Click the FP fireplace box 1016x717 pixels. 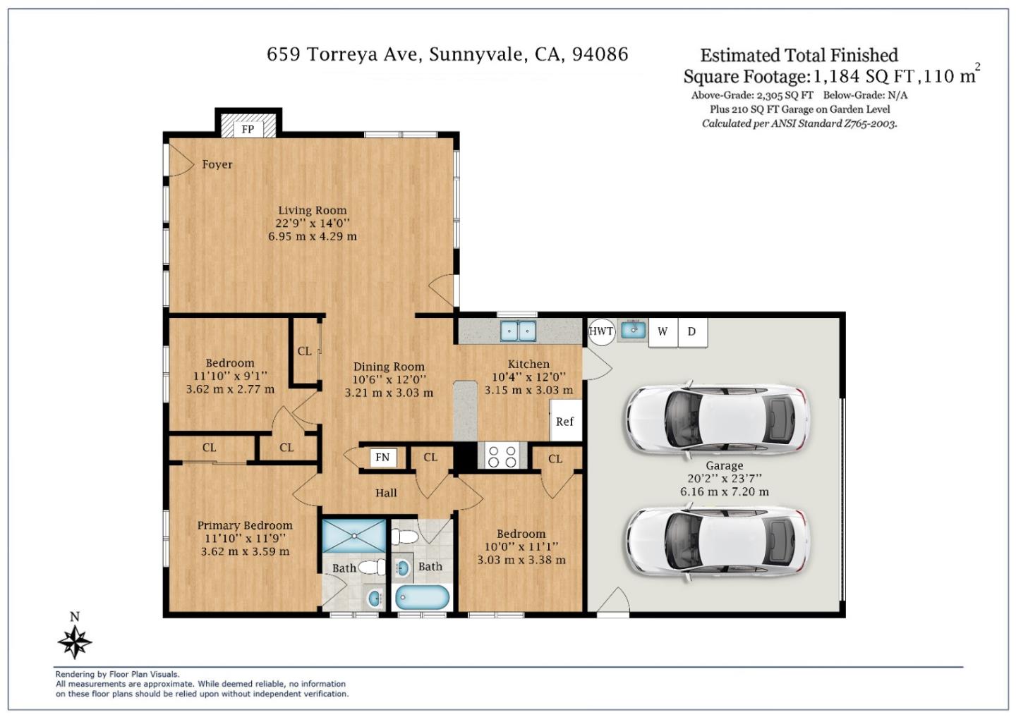click(x=248, y=130)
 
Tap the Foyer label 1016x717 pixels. click(x=217, y=164)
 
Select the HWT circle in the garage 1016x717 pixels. click(x=601, y=331)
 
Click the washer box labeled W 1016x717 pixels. click(x=663, y=332)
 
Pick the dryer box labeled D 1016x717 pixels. click(x=692, y=332)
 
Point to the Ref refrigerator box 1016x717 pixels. click(x=566, y=420)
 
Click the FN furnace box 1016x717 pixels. click(x=383, y=458)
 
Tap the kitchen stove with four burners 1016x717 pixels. click(x=502, y=456)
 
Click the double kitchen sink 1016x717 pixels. click(x=518, y=331)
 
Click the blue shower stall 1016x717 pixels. click(x=353, y=536)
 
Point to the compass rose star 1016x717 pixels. click(x=75, y=642)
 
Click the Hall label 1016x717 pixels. click(x=386, y=493)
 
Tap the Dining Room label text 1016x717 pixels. click(x=389, y=367)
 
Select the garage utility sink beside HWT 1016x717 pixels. click(x=633, y=329)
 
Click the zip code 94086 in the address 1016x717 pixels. click(x=600, y=54)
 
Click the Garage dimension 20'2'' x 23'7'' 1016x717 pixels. click(x=725, y=479)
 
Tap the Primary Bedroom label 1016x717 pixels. click(x=245, y=526)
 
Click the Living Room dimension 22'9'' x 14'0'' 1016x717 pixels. click(x=313, y=223)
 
